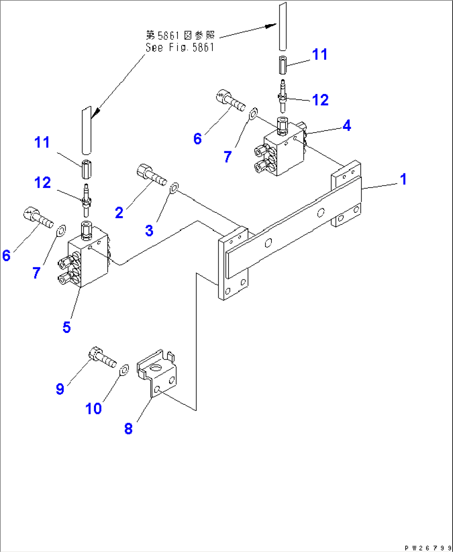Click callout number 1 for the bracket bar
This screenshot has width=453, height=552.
[x=403, y=180]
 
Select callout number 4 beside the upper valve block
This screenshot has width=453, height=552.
[x=347, y=126]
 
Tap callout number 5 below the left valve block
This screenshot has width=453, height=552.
[x=66, y=328]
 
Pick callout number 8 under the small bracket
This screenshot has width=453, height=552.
[x=128, y=429]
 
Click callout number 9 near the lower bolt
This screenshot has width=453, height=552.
[x=60, y=389]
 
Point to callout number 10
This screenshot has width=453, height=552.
[x=94, y=409]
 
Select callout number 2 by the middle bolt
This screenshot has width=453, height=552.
[x=119, y=213]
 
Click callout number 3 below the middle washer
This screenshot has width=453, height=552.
[x=149, y=231]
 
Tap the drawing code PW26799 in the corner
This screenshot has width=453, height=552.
[x=428, y=548]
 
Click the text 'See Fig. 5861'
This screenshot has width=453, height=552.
[x=180, y=48]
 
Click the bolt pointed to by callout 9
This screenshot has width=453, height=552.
[x=102, y=358]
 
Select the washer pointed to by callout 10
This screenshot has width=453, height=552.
[x=124, y=370]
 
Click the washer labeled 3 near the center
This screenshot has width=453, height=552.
[x=174, y=187]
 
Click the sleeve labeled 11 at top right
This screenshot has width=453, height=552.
[x=283, y=66]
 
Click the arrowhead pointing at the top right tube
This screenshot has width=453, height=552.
[x=271, y=26]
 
